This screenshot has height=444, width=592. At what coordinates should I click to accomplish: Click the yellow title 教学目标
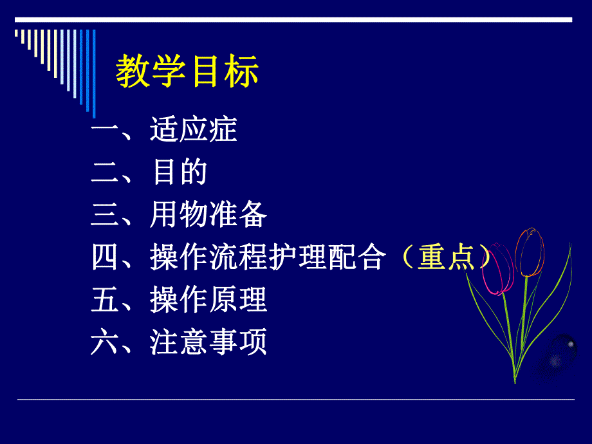187,71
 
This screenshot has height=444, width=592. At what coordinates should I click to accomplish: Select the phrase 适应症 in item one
194,129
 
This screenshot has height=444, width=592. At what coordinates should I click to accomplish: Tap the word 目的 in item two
179,172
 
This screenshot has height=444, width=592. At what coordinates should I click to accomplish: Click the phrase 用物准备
208,215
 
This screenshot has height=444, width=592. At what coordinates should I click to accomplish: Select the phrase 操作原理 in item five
208,300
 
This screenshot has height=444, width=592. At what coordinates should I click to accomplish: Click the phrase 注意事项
208,342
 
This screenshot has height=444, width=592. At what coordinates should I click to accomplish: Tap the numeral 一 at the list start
103,129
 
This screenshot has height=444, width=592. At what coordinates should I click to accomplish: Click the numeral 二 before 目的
103,172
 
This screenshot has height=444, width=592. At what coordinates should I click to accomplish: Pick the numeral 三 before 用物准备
103,215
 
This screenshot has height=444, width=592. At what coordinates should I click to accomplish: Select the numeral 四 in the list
103,257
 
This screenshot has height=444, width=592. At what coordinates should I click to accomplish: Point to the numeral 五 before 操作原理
103,300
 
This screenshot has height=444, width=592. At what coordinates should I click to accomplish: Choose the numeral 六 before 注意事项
103,342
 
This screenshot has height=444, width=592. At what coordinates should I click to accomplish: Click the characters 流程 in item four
237,257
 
